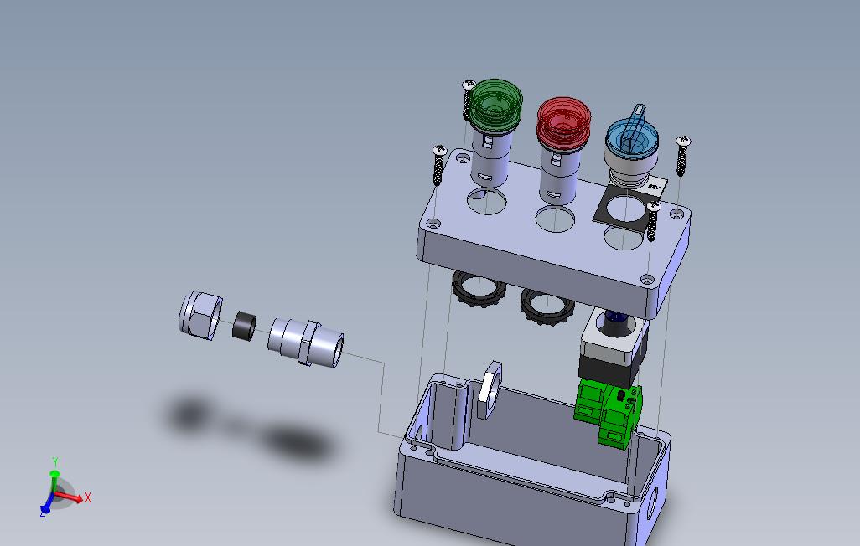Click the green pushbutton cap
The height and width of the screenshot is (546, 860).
(495, 104)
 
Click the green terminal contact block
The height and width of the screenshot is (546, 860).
(609, 411)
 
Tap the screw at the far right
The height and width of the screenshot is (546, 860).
(682, 157)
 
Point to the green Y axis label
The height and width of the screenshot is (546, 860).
(54, 462)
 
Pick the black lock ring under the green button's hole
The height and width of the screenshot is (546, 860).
(475, 291)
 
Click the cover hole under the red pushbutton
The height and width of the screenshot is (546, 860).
(554, 220)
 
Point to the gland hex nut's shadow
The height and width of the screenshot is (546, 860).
(189, 413)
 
